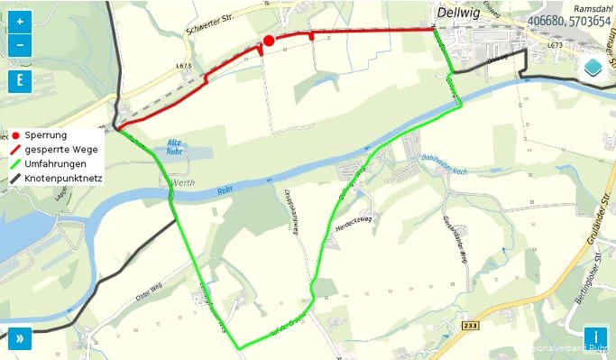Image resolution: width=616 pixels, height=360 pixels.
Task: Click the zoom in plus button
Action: click(x=20, y=22)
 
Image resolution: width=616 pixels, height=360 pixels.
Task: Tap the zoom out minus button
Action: click(x=20, y=44)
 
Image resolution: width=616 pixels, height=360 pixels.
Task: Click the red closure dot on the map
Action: click(x=269, y=41)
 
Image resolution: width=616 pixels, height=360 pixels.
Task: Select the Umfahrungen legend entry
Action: click(x=55, y=164)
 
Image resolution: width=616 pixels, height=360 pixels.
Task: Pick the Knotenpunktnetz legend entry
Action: click(x=63, y=179)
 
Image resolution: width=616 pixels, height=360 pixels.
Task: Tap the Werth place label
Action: click(x=180, y=182)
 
